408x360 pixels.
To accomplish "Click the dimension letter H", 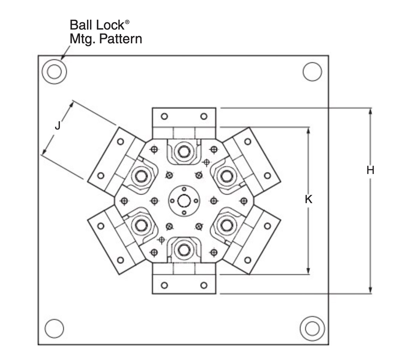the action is (370, 170).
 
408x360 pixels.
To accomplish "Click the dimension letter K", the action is (308, 199).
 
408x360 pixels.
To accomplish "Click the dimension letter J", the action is (58, 125).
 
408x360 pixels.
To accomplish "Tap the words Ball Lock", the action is (97, 25).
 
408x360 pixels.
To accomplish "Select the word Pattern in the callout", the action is (121, 39).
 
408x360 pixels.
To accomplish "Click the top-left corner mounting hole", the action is (54, 71).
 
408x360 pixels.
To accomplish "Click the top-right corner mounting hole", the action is (312, 72).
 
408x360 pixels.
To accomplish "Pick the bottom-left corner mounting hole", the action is (54, 328).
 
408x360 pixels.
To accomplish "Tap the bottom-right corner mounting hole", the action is (312, 328).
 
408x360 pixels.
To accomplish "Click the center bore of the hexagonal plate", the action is (184, 201).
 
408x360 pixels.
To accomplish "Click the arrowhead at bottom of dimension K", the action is (308, 271).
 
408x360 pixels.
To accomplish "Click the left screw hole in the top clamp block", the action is (164, 116).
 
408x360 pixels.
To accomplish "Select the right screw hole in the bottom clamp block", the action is (204, 285).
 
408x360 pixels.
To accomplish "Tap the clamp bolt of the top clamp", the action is (184, 151).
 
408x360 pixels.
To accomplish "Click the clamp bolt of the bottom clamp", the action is (184, 250).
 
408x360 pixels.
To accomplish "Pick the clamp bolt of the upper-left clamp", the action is (141, 176).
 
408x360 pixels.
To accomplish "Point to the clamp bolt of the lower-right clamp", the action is (227, 225).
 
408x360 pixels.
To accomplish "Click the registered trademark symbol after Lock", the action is (127, 22).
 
